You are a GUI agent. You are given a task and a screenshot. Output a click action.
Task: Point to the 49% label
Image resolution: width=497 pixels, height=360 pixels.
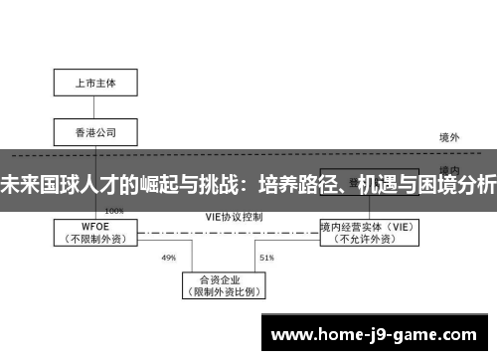(168, 258)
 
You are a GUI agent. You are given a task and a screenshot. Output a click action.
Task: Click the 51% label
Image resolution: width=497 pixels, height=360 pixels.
(266, 258)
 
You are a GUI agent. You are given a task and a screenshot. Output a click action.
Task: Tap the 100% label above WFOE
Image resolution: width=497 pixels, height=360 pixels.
(114, 211)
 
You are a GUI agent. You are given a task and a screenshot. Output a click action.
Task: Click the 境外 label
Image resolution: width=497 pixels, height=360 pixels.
(450, 136)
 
